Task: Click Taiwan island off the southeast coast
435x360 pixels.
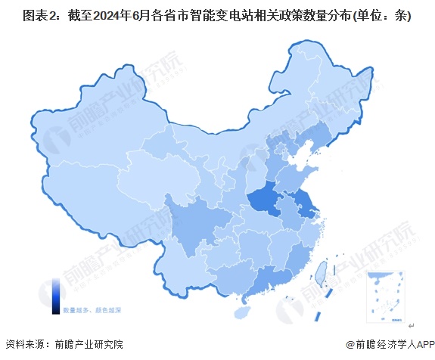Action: tap(320, 271)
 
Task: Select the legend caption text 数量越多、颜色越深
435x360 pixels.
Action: tap(92, 310)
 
